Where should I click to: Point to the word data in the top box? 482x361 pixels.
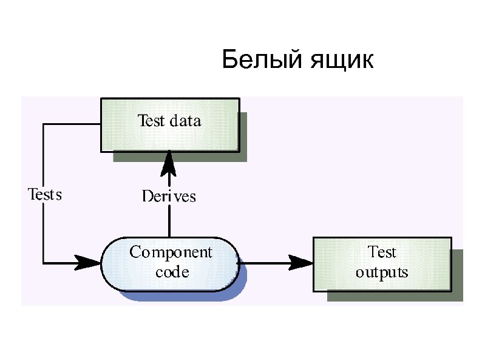[185, 120]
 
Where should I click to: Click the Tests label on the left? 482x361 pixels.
[45, 195]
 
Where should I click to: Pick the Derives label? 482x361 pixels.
[169, 196]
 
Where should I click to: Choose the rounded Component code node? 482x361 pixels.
[169, 262]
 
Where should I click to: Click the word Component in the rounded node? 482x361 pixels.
[171, 252]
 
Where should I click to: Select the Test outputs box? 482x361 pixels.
[381, 263]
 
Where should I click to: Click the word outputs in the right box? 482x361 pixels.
[382, 272]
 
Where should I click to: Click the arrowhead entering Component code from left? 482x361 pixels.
[89, 263]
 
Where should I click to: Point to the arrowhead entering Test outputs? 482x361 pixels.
[301, 263]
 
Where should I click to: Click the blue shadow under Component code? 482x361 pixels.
[182, 296]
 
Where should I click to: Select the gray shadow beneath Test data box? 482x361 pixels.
[182, 157]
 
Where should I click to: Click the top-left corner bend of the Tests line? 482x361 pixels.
[44, 124]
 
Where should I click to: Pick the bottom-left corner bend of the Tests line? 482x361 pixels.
[44, 263]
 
